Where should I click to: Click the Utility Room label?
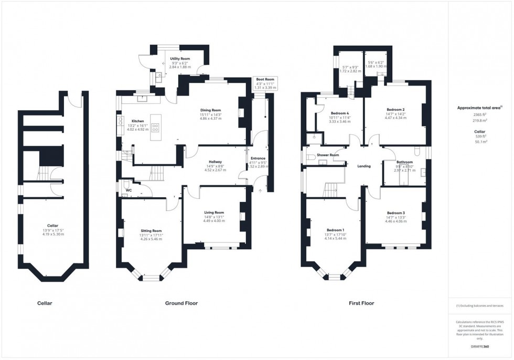tap(180, 59)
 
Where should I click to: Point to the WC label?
tap(127, 189)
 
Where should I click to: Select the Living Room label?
tap(214, 213)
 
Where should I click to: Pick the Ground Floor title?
tap(181, 303)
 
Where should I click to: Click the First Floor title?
tap(362, 303)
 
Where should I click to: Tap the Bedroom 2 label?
tap(396, 109)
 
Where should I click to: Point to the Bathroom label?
tap(404, 162)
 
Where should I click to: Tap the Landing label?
tap(363, 166)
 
